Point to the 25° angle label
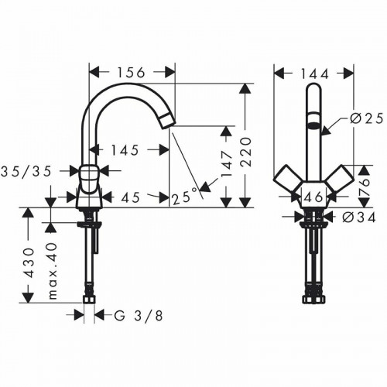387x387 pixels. (184, 198)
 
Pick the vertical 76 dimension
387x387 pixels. (363, 183)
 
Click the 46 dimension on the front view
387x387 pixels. (313, 198)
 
